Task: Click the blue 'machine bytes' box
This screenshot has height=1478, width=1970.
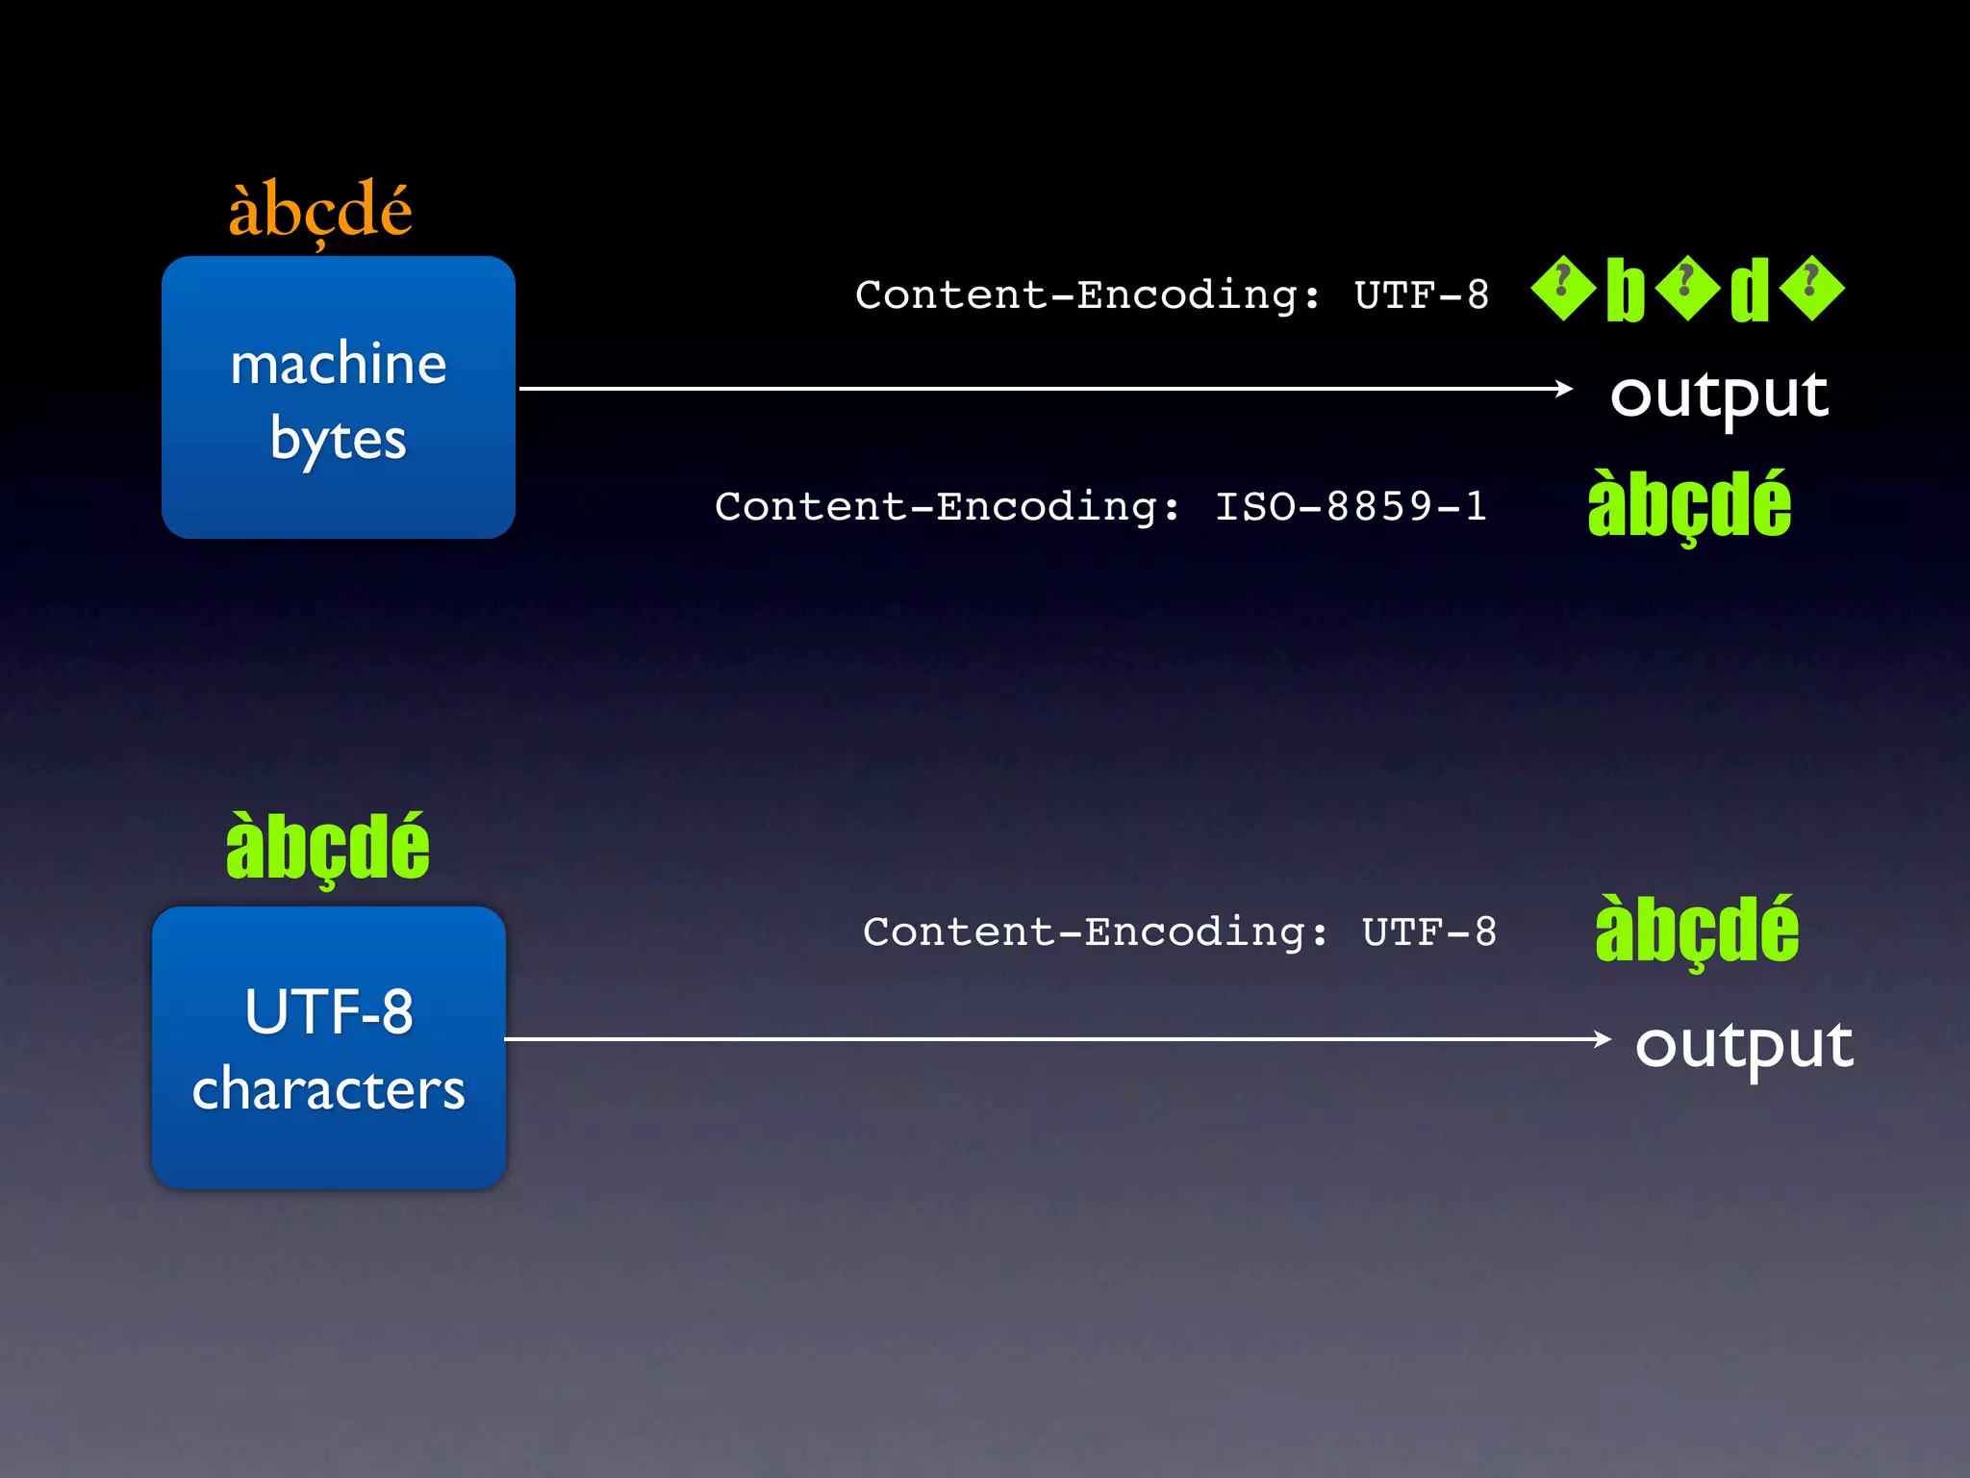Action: point(338,396)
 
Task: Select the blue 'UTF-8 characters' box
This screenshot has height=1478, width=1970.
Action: point(328,1047)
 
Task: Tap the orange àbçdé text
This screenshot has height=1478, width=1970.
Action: point(319,210)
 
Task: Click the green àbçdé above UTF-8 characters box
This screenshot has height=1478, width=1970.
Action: point(327,848)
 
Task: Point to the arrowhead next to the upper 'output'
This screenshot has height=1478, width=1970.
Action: point(1564,389)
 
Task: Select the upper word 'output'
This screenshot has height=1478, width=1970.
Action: point(1719,395)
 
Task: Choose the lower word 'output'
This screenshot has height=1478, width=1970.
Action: point(1743,1045)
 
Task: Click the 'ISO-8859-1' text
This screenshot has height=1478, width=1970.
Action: point(1351,506)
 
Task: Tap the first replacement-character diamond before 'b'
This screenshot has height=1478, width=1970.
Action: point(1563,288)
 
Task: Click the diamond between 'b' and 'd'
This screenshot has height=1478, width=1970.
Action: point(1687,288)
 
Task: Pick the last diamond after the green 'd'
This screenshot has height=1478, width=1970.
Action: point(1812,288)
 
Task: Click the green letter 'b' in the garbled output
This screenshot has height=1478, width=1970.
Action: point(1626,290)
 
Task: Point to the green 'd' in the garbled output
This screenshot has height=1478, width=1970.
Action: point(1750,290)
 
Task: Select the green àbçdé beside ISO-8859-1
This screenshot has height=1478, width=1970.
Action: point(1689,506)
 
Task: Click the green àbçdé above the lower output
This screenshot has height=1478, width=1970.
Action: point(1697,930)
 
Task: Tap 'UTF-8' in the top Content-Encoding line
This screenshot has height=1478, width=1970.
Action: point(1422,295)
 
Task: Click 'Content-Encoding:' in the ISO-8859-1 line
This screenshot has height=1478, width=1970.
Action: point(947,506)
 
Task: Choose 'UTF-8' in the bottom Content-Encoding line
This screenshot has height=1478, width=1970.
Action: point(1429,931)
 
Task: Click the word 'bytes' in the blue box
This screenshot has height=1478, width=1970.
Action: point(338,439)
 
